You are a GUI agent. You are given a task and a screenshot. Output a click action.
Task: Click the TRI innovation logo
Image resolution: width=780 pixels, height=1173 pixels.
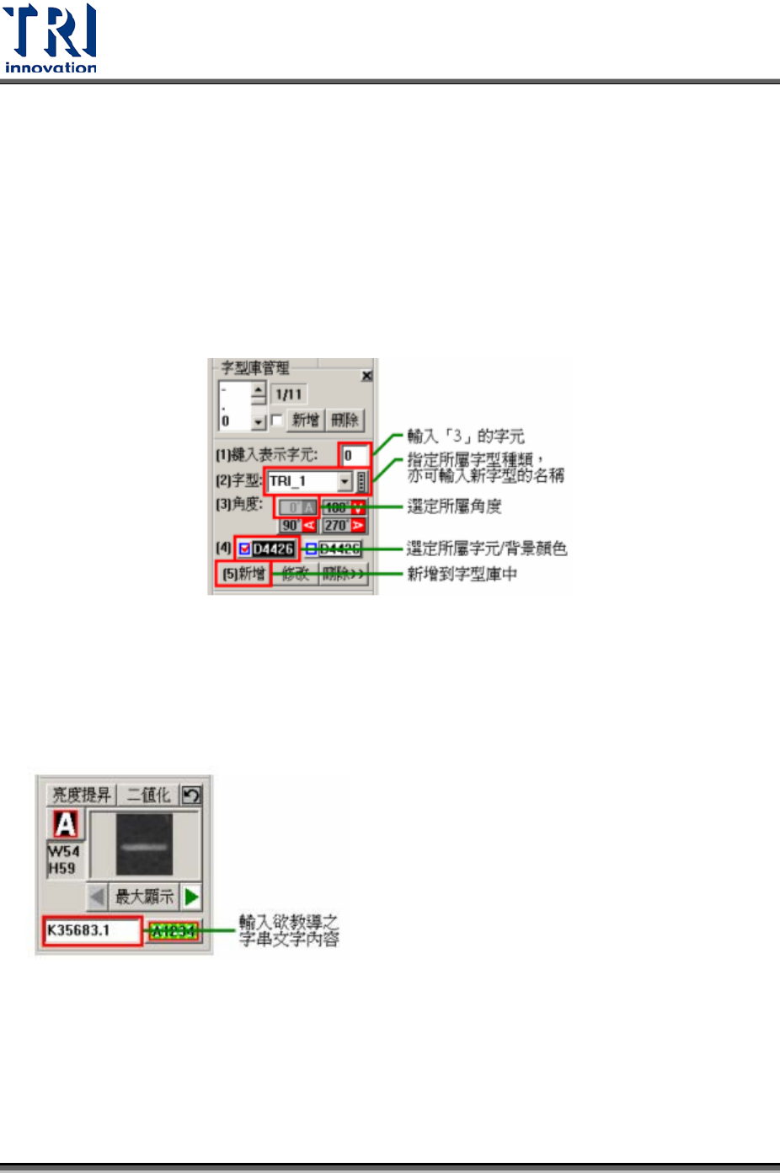tap(51, 39)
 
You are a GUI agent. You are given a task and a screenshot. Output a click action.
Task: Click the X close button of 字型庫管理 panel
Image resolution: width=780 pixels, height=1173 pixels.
tap(366, 376)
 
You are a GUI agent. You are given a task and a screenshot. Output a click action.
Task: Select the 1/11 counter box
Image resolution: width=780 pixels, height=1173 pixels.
tap(289, 394)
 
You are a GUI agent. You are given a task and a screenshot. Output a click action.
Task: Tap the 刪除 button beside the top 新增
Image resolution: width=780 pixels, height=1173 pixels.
tap(344, 420)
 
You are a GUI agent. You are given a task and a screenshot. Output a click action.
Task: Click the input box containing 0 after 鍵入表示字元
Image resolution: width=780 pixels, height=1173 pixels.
tap(355, 455)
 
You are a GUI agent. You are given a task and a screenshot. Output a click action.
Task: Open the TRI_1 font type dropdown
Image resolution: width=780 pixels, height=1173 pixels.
tap(345, 481)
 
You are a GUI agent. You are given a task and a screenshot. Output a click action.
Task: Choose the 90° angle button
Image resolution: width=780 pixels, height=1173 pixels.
tap(297, 525)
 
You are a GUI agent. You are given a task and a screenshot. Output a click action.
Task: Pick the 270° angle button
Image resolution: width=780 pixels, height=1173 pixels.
tap(344, 525)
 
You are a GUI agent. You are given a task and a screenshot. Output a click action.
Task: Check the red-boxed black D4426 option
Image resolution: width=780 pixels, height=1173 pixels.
tap(266, 549)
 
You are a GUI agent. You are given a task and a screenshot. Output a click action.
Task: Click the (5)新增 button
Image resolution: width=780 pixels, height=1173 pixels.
tap(243, 574)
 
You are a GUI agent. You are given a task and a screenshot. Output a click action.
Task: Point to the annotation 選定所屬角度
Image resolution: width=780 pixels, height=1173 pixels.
tap(454, 506)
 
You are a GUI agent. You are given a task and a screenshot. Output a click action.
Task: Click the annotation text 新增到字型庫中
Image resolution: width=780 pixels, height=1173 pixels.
tap(462, 574)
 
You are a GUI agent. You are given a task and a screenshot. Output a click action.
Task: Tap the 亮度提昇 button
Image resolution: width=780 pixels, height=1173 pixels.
tap(81, 795)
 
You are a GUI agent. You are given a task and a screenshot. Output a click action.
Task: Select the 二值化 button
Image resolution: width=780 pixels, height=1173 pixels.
tap(148, 795)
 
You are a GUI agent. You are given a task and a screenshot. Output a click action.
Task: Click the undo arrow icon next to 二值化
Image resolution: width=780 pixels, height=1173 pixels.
tap(191, 795)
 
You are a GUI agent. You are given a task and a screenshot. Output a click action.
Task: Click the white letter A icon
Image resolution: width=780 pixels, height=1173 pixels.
tap(65, 823)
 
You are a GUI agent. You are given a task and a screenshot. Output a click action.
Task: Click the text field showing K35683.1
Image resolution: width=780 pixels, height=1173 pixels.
tap(92, 930)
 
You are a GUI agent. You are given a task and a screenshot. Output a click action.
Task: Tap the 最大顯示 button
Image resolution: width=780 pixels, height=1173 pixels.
tap(144, 897)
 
